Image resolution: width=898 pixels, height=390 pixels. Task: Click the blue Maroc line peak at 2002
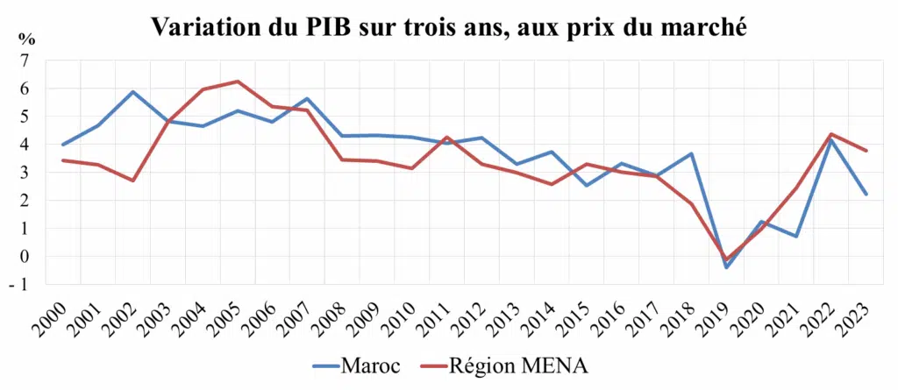click(132, 92)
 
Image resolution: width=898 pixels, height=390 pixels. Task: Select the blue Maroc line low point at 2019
click(726, 267)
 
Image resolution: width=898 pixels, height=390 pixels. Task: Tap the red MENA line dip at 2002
click(132, 181)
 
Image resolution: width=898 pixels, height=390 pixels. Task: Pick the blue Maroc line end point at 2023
click(866, 195)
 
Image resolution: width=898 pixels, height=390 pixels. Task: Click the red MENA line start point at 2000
click(61, 160)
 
